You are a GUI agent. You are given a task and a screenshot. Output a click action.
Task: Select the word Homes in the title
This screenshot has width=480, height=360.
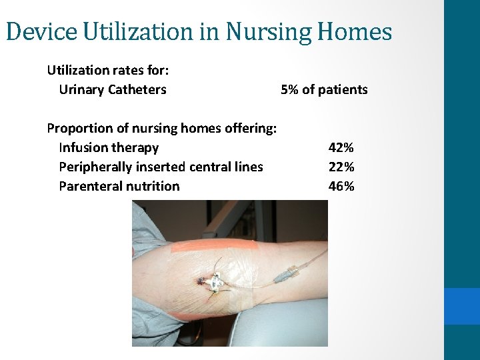(x=358, y=31)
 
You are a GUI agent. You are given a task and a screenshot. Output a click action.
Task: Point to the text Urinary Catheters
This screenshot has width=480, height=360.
(x=113, y=89)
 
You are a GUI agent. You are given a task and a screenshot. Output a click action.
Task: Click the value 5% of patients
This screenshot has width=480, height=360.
(x=324, y=89)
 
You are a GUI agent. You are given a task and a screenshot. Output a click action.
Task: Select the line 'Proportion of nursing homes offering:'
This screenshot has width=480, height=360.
(x=162, y=128)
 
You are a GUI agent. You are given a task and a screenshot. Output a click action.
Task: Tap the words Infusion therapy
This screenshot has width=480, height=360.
(x=109, y=147)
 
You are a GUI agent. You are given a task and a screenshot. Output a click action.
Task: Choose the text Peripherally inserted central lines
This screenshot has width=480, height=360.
(x=161, y=167)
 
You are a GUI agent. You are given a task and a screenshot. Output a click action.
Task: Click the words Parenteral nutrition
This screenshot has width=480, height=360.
(x=119, y=186)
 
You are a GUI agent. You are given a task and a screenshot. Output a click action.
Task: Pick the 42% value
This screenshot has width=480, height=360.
(x=341, y=147)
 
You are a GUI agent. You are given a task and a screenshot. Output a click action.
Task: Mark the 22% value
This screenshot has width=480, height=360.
(x=341, y=167)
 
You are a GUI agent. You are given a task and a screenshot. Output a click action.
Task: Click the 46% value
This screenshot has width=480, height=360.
(x=341, y=186)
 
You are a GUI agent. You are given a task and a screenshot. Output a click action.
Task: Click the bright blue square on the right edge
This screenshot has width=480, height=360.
(x=461, y=306)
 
